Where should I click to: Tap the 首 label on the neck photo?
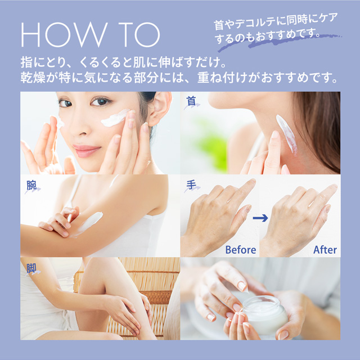coord(191,101)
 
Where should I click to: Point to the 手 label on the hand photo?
coord(191,184)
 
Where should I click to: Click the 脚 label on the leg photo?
coord(31,268)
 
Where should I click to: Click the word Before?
coord(240,249)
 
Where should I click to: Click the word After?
coord(325,249)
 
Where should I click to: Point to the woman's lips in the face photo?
coord(86,150)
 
